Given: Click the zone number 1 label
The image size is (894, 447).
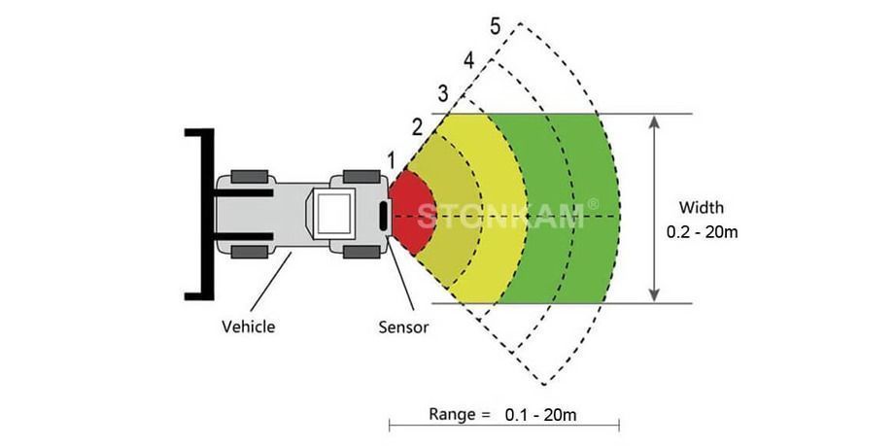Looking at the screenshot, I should [391, 157].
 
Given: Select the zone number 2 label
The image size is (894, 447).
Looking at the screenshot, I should [417, 125].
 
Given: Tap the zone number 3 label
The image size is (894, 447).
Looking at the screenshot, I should [443, 93].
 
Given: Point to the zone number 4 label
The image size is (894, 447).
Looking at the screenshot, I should [468, 60].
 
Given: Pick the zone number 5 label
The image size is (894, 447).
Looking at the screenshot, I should [495, 27].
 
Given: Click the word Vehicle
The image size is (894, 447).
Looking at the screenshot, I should [248, 327].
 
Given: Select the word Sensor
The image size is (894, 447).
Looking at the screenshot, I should [403, 327].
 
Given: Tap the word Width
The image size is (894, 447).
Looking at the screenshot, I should [701, 207].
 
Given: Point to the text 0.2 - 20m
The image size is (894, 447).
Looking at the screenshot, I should [702, 232].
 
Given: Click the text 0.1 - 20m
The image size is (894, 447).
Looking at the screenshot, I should [541, 415].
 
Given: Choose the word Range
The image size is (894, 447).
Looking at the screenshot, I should [453, 415].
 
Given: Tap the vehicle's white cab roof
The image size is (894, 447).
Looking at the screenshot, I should [332, 214].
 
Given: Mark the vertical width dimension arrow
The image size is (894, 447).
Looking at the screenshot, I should [655, 208].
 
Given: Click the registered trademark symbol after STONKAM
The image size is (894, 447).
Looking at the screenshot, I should [593, 204].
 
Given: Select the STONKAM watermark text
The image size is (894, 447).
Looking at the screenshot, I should [500, 215].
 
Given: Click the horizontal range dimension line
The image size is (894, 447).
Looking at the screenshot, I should [503, 425].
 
